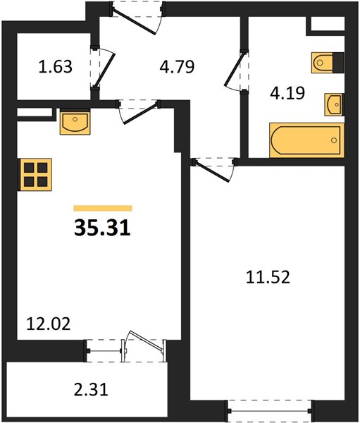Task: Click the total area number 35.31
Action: coord(102,227)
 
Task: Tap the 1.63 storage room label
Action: coord(55,67)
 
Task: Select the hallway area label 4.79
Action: coord(177,67)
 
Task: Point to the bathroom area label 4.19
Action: coord(287,93)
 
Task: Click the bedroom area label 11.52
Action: coord(268,277)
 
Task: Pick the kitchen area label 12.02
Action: coord(49,324)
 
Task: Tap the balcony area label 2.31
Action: coord(91,390)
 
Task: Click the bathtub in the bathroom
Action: coord(306,140)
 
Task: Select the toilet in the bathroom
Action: coord(328,63)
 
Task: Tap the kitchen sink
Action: coord(75,122)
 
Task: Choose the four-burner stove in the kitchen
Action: coord(35,175)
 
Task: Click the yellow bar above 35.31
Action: coord(103,208)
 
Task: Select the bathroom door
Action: coord(236,71)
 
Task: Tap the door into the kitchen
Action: coord(138,111)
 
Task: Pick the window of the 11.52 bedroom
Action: coord(269,411)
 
